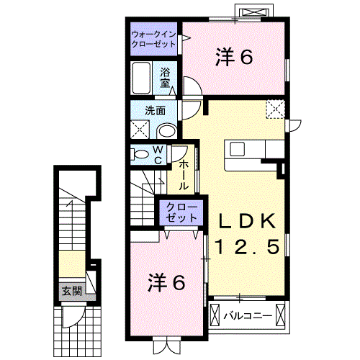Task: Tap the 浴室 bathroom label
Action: coord(166,78)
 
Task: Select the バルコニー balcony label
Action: coord(247,315)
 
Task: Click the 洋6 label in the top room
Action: coord(234,58)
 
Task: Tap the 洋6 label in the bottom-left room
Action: coord(168,282)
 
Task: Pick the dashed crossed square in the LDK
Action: coord(276,110)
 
